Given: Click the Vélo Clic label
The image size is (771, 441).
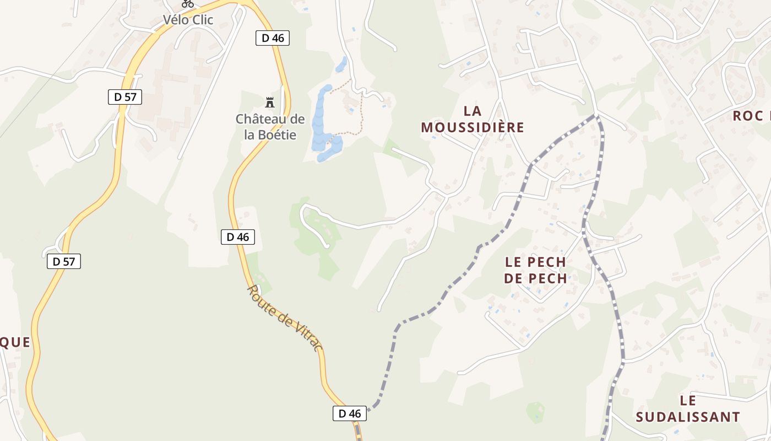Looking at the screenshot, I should pos(188,20).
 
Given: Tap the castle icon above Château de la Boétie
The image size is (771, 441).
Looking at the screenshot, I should pos(270,102).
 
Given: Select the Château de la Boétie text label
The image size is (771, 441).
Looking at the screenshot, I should pos(270,127).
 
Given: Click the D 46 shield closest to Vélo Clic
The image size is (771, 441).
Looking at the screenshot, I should pos(273,38).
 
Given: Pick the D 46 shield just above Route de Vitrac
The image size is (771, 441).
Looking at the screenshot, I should pos(238,237).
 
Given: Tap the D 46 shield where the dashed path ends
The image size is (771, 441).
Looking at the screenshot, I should pos(350,413).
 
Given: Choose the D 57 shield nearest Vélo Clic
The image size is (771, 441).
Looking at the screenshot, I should pos(125,97).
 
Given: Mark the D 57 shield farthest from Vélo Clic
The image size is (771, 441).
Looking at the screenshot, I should pos(64,261).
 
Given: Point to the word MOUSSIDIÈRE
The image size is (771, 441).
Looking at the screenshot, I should pos(473,127).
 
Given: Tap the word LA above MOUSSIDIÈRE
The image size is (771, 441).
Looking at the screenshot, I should pos(473,111).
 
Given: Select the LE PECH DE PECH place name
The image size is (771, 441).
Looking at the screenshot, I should pos(535,270).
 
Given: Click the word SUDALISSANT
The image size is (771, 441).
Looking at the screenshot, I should pos(687,417).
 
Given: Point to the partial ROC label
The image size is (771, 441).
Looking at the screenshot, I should pos(751,116).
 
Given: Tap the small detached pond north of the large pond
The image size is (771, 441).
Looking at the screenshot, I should pos(341,64).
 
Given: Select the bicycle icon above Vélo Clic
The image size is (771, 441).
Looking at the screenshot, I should pos(188,3).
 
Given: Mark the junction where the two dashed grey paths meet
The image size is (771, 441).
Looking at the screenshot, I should pos(596,116).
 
